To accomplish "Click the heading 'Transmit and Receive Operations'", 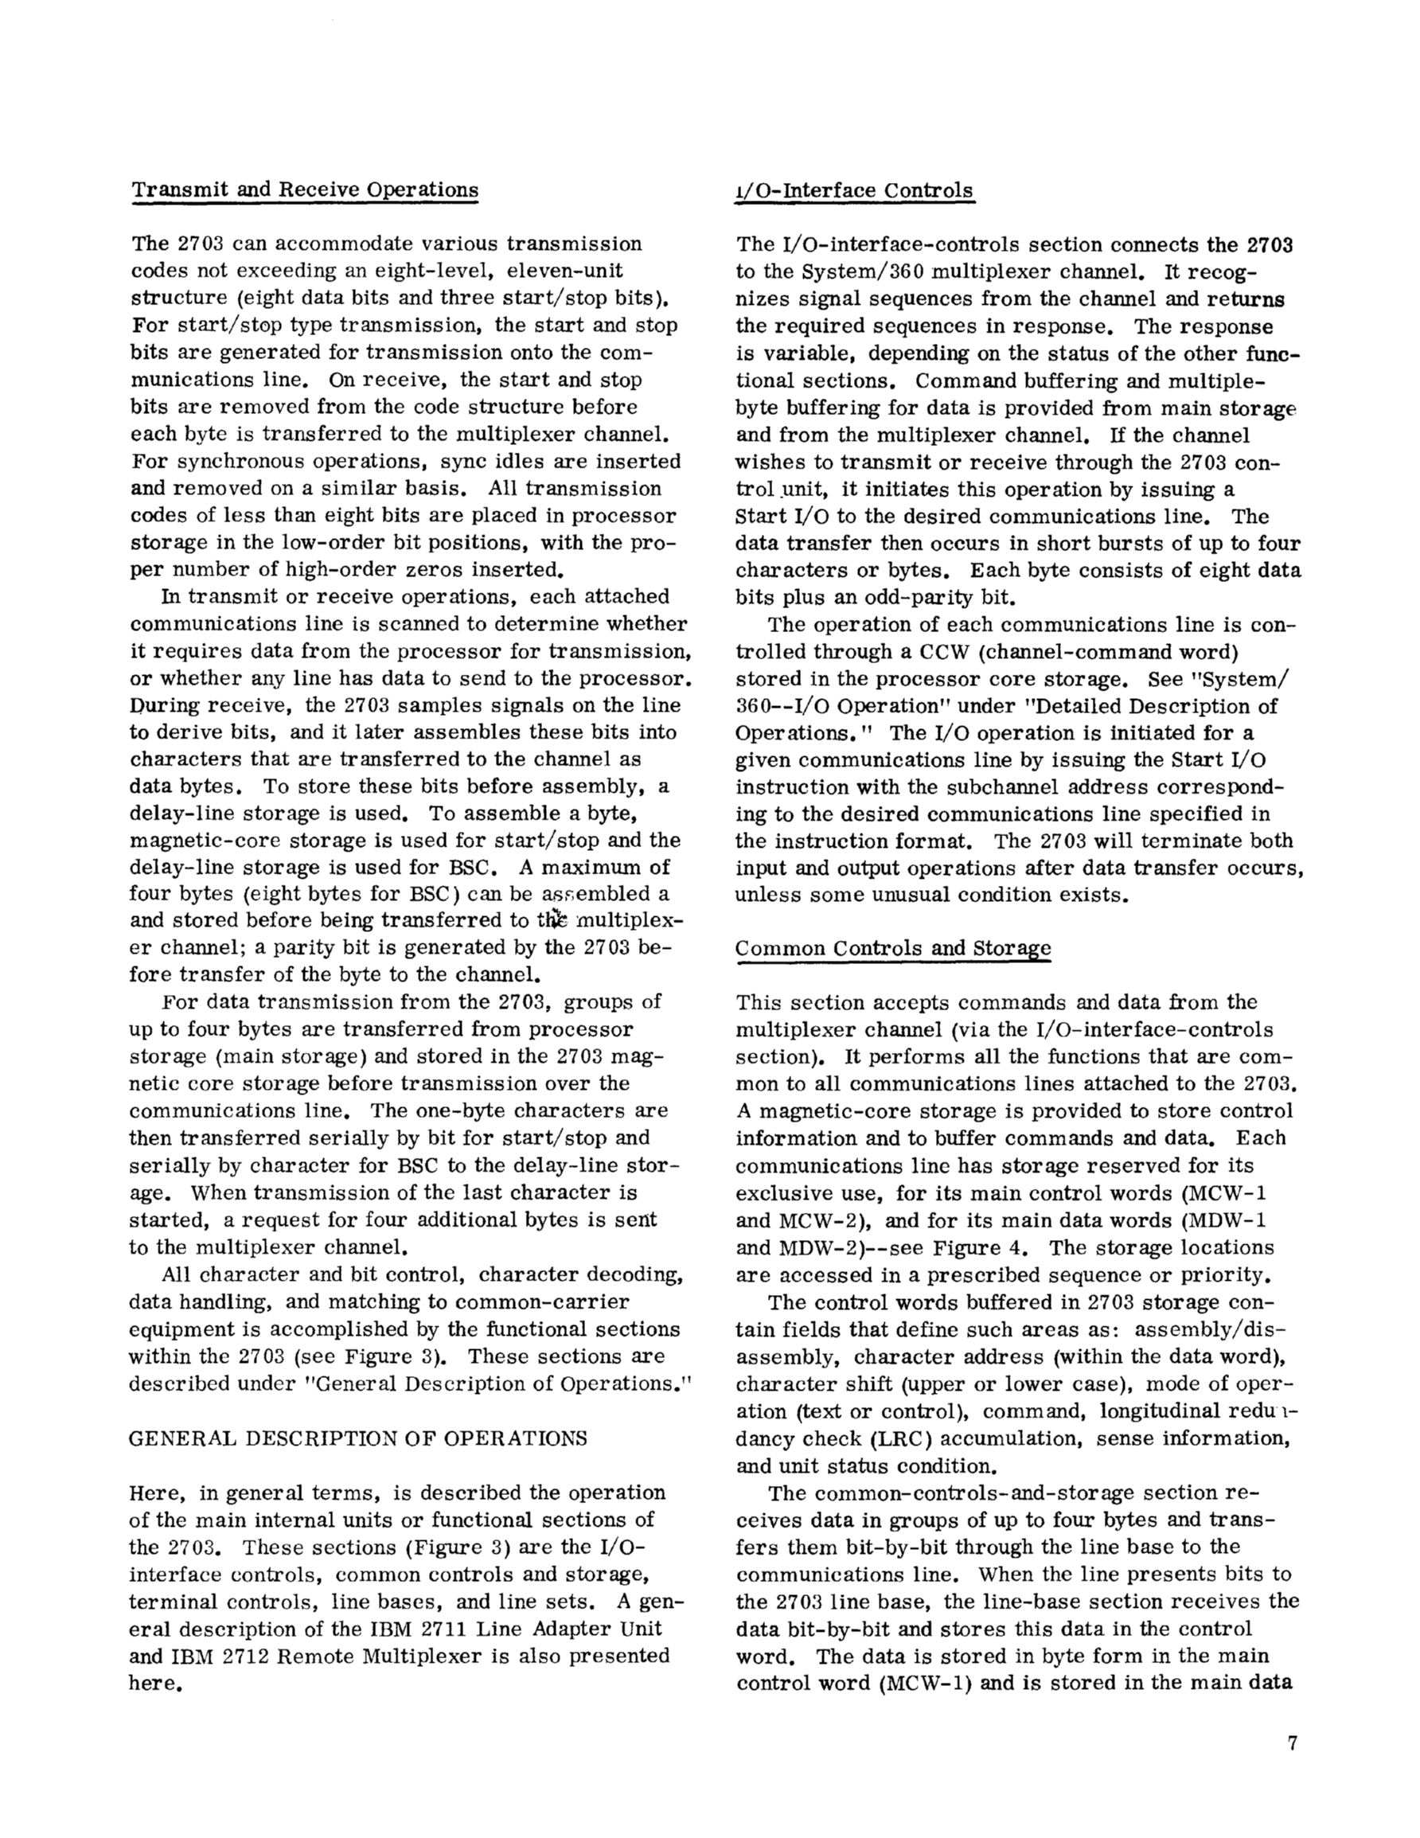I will (305, 190).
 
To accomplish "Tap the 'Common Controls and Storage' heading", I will (893, 949).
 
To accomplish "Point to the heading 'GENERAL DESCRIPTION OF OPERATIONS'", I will (357, 1438).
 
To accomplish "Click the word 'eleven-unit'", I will (554, 271).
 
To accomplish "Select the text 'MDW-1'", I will (1232, 1220).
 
